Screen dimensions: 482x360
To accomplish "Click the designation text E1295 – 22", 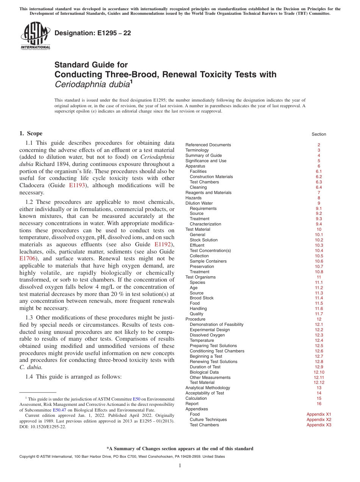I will pos(93,33).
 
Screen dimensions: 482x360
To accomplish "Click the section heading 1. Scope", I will pos(31,133).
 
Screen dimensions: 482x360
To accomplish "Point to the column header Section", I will pos(319,134).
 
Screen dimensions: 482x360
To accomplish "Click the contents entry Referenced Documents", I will pos(208,145).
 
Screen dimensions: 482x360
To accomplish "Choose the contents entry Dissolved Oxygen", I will pos(207,335).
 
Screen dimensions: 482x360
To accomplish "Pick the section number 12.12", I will pos(319,382).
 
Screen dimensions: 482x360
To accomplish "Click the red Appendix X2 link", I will pos(319,419).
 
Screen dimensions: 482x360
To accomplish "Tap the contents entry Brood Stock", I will pos(202,298).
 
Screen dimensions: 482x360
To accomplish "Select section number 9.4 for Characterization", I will pos(319,224).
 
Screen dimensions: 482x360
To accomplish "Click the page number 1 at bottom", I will pos(180,465).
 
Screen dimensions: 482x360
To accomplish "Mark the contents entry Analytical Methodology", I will pos(208,388).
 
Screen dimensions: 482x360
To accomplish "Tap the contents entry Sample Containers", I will pos(208,261).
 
